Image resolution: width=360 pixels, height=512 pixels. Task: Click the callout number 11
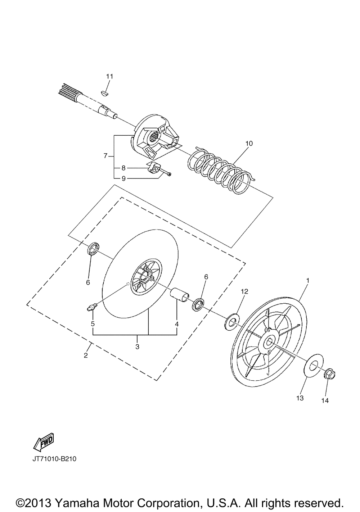109,76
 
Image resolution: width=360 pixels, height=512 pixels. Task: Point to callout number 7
105,156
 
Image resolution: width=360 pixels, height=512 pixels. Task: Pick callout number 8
123,168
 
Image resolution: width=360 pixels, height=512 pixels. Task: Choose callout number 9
123,178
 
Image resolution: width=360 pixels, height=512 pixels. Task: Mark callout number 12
244,291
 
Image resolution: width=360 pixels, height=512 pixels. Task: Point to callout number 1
307,280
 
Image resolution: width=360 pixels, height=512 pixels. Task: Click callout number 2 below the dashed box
86,355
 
